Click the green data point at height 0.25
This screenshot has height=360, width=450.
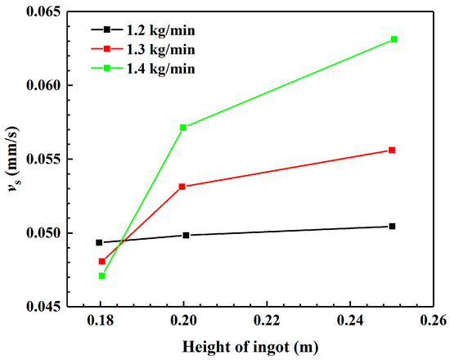click(394, 39)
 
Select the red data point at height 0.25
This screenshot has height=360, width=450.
click(393, 150)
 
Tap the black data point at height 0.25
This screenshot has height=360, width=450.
click(393, 226)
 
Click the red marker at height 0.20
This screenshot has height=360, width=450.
click(182, 187)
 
